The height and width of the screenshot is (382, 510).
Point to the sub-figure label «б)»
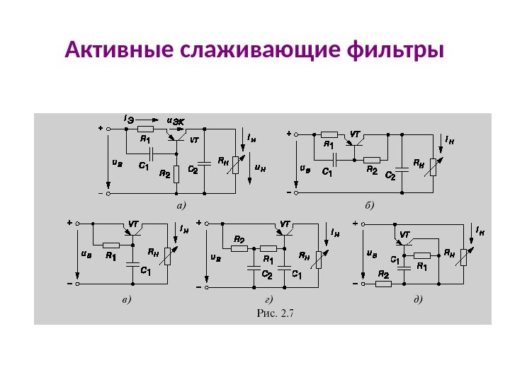click(x=368, y=205)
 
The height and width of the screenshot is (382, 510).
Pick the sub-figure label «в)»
click(x=126, y=300)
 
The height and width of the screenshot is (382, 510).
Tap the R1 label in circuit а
click(x=145, y=139)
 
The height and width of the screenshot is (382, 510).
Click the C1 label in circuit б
click(x=327, y=171)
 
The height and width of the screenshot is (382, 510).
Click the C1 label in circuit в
click(x=145, y=270)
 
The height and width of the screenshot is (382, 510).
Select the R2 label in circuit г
click(x=239, y=239)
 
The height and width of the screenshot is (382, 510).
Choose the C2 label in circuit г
click(x=266, y=274)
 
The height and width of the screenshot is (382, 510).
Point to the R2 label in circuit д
click(x=383, y=274)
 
